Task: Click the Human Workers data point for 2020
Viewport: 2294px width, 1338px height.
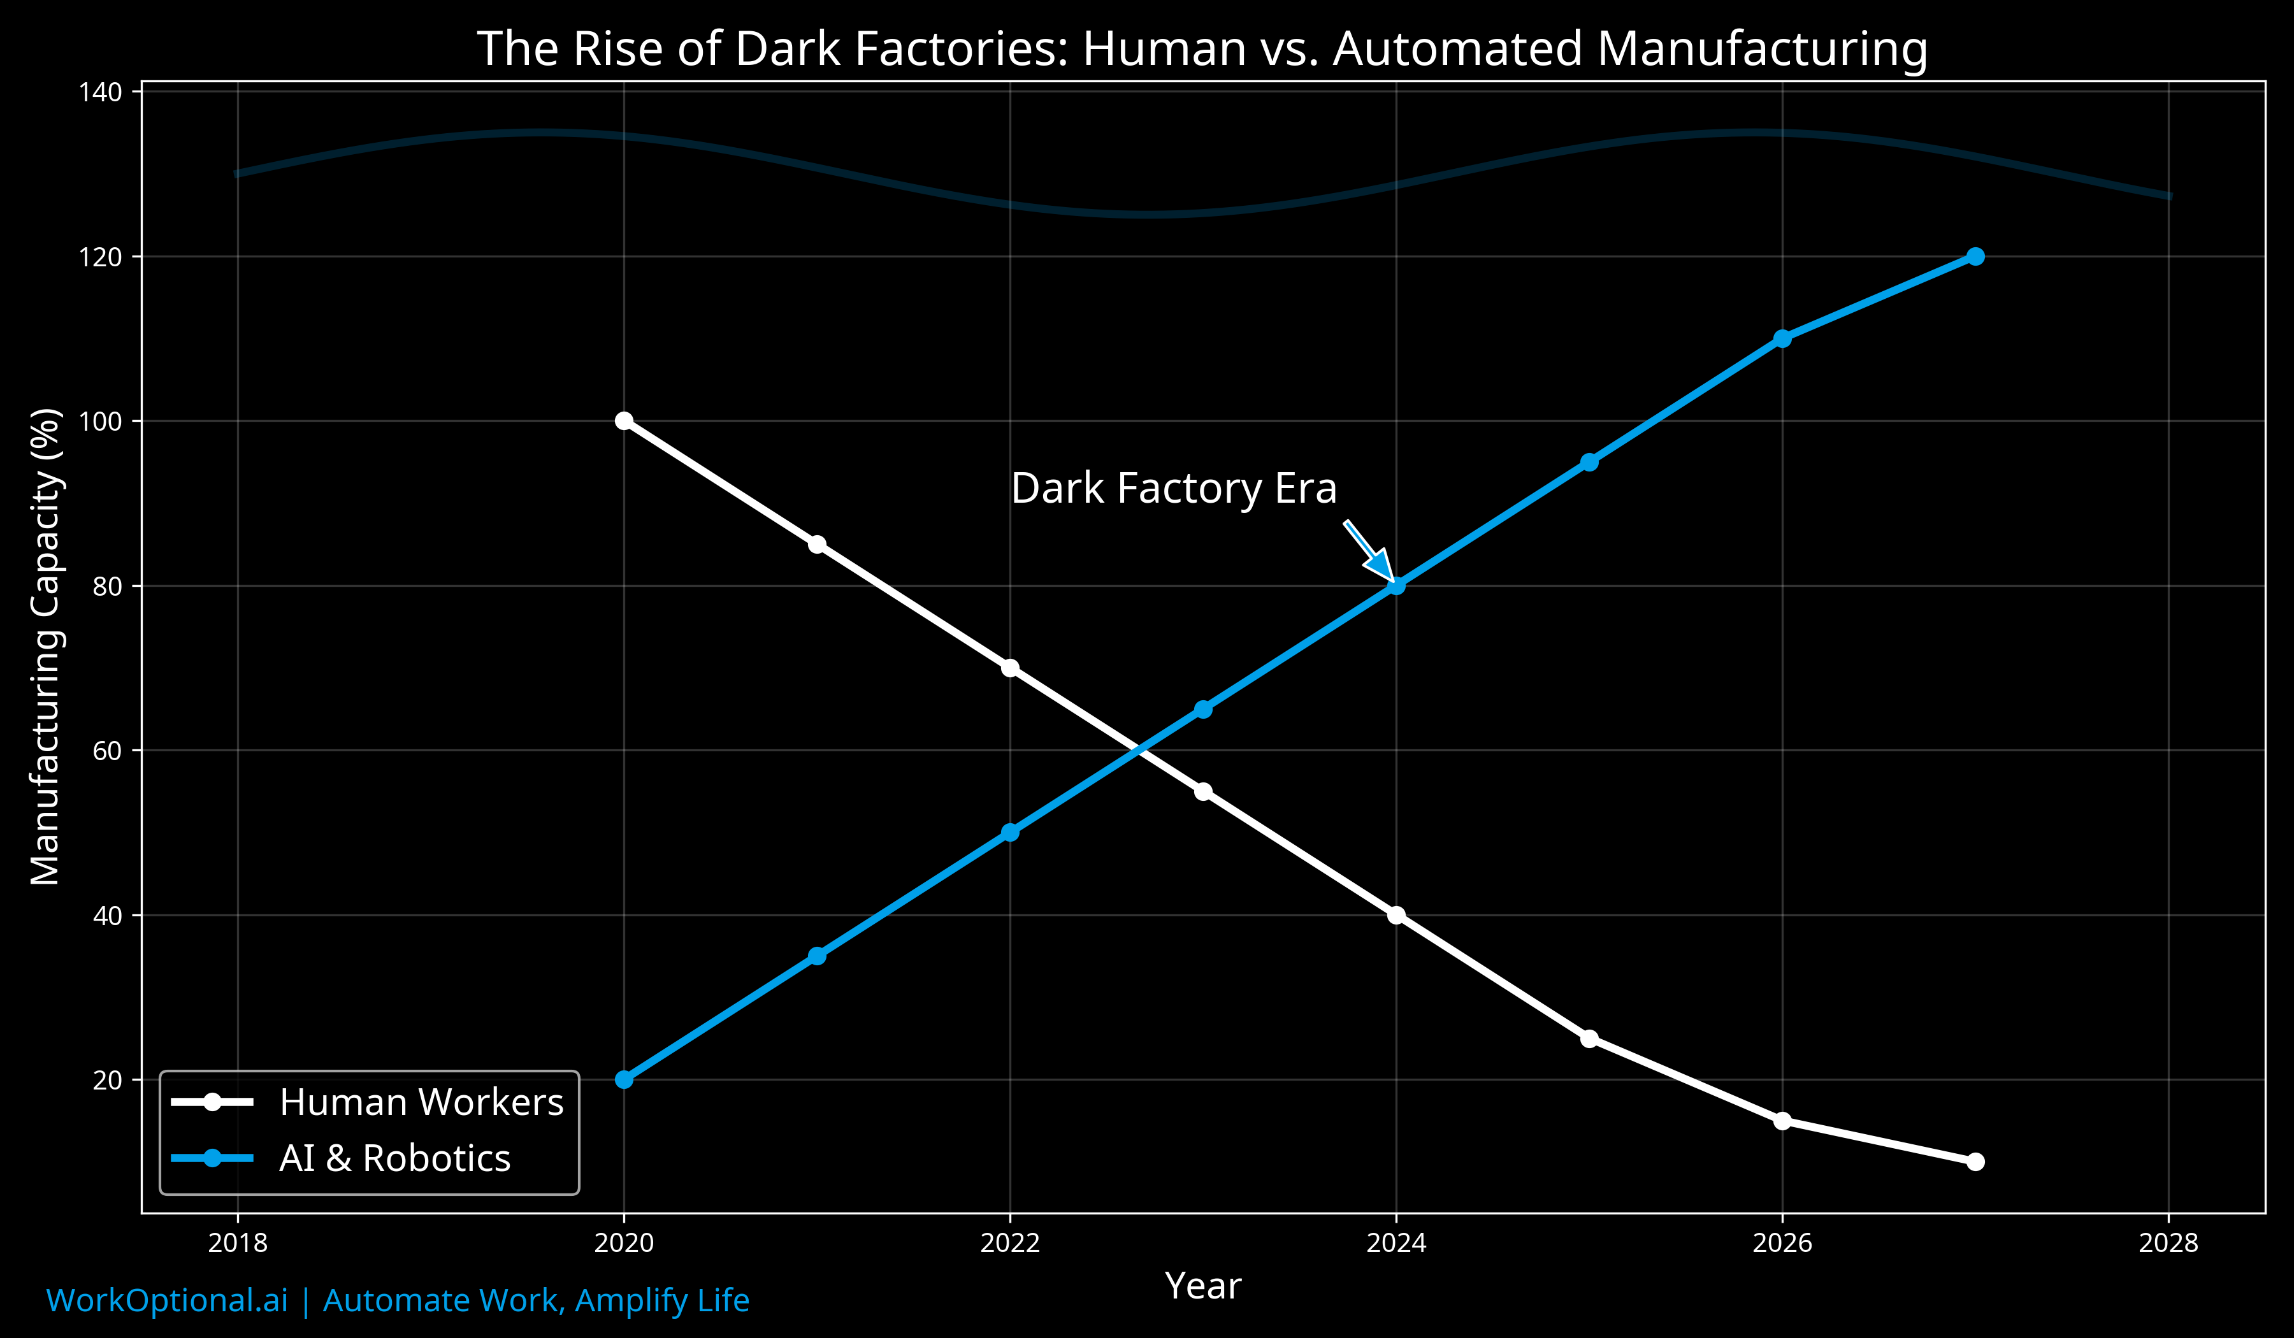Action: tap(624, 421)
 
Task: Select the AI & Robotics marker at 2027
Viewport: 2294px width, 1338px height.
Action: tap(1975, 257)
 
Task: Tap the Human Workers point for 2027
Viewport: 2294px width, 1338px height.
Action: tap(1975, 1162)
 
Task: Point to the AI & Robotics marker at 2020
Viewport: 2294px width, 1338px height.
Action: tap(624, 1079)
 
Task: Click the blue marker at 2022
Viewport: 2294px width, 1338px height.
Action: tap(1009, 832)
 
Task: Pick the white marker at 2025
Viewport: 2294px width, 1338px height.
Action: tap(1589, 1039)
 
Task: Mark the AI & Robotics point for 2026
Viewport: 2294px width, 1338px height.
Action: tap(1782, 338)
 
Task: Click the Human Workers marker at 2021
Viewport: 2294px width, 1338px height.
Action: tap(816, 544)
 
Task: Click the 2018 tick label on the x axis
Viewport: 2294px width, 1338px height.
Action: tap(238, 1243)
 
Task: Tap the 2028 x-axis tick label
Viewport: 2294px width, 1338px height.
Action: tap(2168, 1243)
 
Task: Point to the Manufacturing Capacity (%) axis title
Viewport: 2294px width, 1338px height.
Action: tap(45, 646)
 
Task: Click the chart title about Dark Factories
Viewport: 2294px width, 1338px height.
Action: tap(1202, 49)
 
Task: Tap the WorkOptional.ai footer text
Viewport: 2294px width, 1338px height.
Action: tap(398, 1300)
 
